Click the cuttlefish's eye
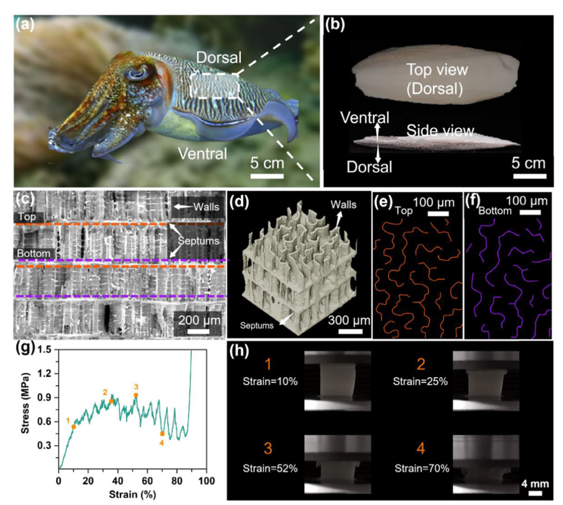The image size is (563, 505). click(x=137, y=73)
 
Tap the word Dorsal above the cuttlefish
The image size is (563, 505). click(x=219, y=58)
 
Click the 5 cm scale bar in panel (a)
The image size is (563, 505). click(x=267, y=176)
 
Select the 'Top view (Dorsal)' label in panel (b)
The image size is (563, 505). click(x=437, y=79)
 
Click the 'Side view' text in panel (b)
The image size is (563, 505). click(x=440, y=131)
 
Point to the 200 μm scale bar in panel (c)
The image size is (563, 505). click(x=198, y=331)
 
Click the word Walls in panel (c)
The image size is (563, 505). click(x=206, y=206)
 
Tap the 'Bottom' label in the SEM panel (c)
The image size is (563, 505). click(x=34, y=253)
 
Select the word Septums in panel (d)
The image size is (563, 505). click(x=256, y=326)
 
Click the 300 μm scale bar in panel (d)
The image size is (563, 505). click(x=350, y=331)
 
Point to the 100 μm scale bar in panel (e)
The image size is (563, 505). click(x=438, y=214)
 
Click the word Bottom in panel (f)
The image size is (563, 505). click(x=495, y=211)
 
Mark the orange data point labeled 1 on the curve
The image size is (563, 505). click(x=74, y=426)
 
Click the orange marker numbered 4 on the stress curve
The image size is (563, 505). click(x=162, y=434)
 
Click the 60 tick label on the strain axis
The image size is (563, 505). click(x=148, y=481)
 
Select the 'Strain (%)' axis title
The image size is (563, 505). click(x=133, y=495)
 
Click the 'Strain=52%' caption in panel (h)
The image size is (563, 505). click(x=270, y=468)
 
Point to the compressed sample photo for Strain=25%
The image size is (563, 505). click(x=486, y=380)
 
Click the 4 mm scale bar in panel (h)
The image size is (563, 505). click(x=535, y=493)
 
